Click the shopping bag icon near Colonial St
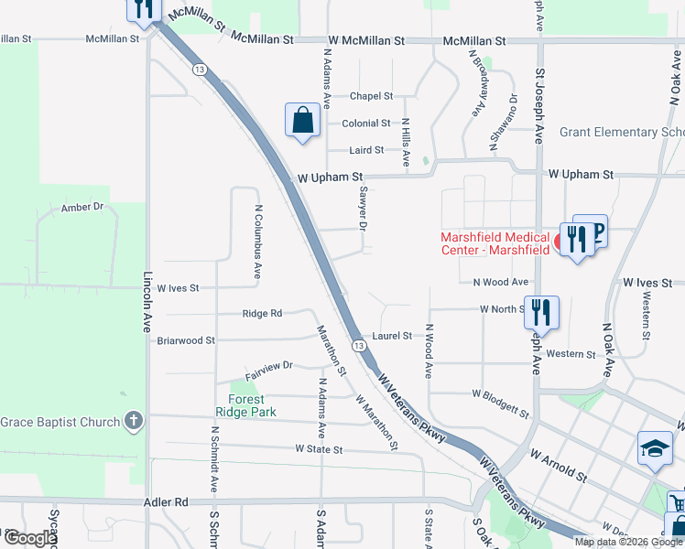(x=302, y=121)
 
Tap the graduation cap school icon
(x=654, y=448)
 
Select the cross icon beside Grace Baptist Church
(x=134, y=421)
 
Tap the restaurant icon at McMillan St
(x=143, y=8)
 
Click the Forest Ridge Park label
(x=246, y=405)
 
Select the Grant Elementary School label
(x=622, y=133)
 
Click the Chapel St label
(x=371, y=96)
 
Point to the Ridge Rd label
(x=262, y=314)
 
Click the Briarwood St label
(x=186, y=340)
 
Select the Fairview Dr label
(x=268, y=365)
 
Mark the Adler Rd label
(x=166, y=502)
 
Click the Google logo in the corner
(x=30, y=538)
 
